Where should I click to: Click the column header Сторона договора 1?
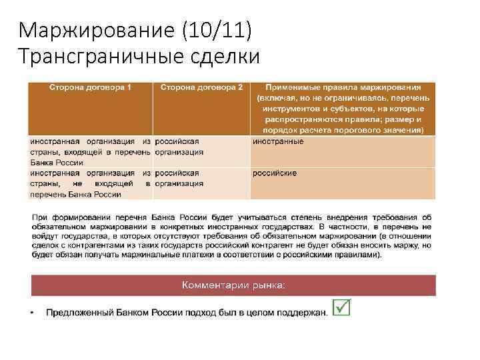(x=90, y=87)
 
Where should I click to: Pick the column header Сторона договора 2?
(x=201, y=87)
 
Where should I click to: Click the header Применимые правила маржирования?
(x=343, y=87)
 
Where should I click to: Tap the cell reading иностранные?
(x=278, y=141)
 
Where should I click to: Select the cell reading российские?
(x=275, y=173)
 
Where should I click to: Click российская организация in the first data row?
(x=179, y=147)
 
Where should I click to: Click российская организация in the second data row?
(x=179, y=179)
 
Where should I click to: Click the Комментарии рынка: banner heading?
(x=233, y=285)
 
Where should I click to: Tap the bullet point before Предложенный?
(x=33, y=312)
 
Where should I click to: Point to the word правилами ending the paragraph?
(x=359, y=255)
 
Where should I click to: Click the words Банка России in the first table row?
(x=57, y=163)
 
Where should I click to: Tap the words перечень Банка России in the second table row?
(x=75, y=195)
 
